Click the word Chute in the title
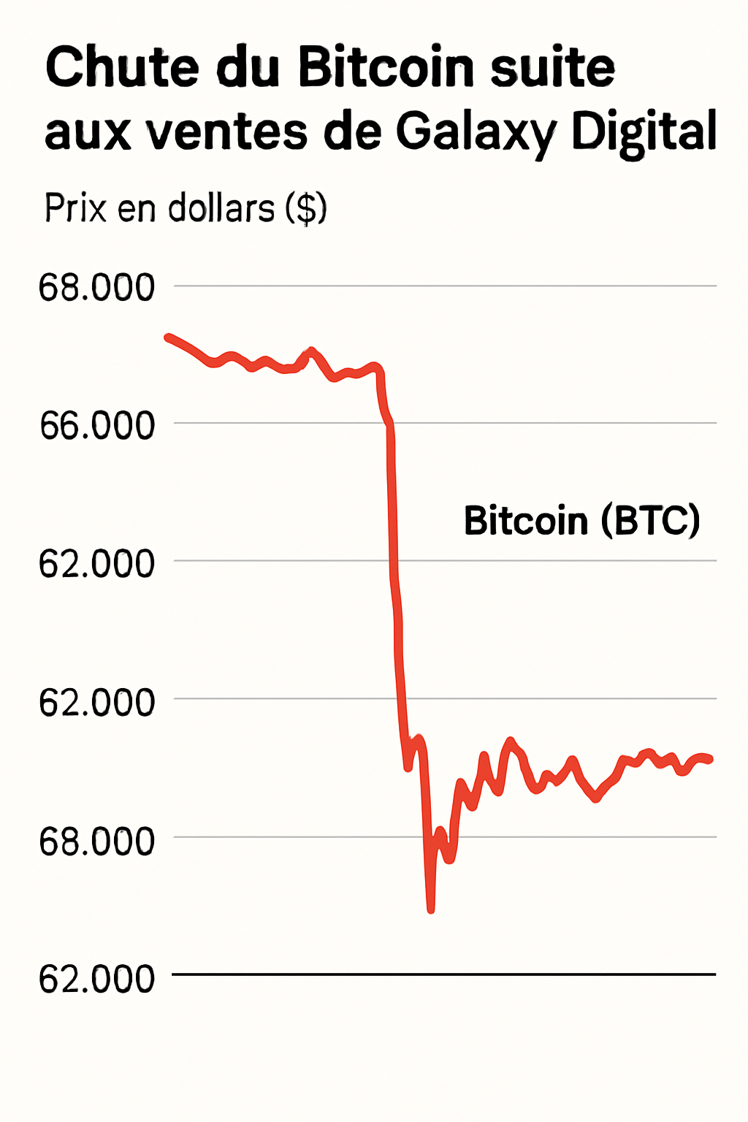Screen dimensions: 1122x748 coord(122,67)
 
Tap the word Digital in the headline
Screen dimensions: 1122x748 coord(644,133)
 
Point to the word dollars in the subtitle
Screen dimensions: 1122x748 coord(221,208)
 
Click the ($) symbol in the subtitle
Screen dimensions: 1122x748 coord(306,210)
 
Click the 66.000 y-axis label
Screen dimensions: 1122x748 coord(97,425)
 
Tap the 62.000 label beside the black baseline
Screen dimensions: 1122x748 coord(97,979)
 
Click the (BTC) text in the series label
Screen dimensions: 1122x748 coord(651,521)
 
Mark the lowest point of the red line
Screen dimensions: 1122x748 coord(431,909)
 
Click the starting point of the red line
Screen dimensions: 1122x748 coord(168,337)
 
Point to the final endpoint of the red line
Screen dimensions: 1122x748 coord(709,760)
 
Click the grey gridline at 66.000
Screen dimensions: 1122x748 coord(555,423)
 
